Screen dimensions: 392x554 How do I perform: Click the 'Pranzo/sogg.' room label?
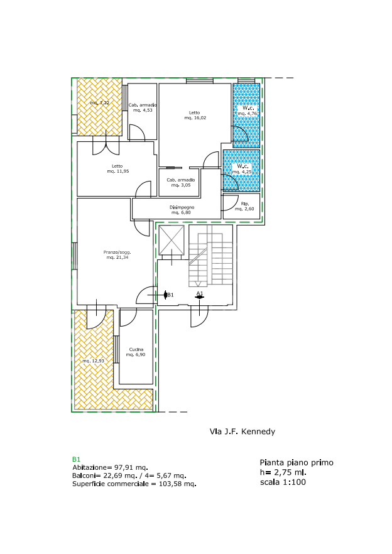(117, 253)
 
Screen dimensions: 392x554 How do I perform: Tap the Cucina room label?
(136, 349)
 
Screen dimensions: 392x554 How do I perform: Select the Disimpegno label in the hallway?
(182, 207)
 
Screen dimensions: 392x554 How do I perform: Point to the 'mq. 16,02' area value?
(195, 117)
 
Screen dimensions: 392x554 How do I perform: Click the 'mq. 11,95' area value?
(118, 171)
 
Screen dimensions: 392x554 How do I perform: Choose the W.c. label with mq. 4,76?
(248, 108)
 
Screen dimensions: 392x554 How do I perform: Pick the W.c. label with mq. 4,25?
(242, 166)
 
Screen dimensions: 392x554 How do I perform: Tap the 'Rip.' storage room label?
(245, 204)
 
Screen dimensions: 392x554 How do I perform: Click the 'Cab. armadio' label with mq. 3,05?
(181, 180)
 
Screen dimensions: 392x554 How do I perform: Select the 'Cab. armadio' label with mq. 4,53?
(143, 105)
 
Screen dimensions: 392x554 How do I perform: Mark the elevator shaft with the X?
(171, 240)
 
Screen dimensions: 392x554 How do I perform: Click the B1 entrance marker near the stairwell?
(168, 295)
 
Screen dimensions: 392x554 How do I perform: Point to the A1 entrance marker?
(200, 295)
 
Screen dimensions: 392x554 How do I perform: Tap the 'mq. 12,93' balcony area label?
(94, 361)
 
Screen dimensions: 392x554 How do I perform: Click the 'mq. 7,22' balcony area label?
(100, 103)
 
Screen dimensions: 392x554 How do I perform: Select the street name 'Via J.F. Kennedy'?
(242, 432)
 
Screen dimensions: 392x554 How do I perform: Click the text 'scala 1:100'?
(283, 482)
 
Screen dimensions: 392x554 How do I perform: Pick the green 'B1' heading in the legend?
(77, 459)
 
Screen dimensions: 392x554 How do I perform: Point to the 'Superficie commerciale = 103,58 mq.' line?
(134, 484)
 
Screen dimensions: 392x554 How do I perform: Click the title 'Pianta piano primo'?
(297, 463)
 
